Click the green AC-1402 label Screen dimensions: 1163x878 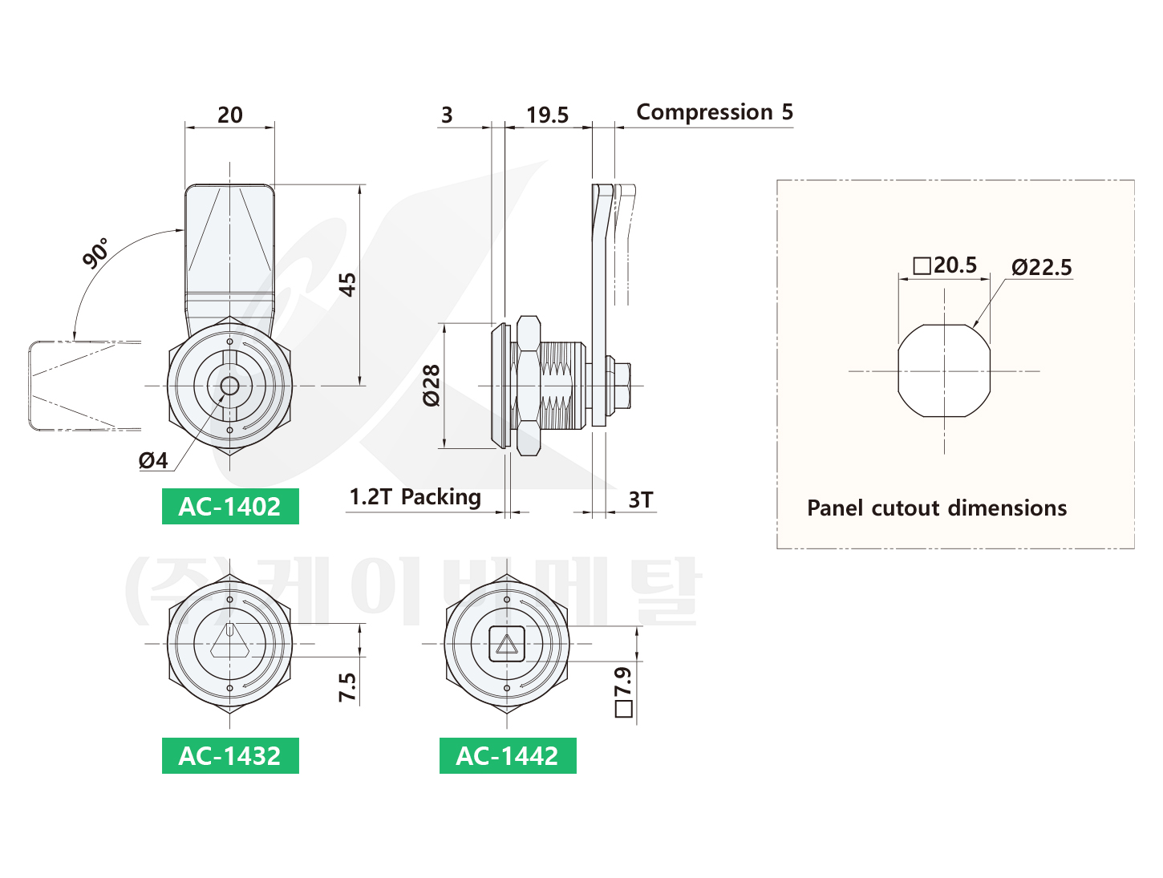[x=230, y=507]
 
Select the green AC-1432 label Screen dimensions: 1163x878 [x=230, y=755]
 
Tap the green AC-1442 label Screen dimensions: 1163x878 [x=508, y=755]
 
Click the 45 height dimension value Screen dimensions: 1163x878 [x=347, y=285]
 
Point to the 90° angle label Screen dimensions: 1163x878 [x=96, y=253]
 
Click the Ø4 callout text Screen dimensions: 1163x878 [x=153, y=461]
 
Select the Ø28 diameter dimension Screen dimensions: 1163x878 [x=432, y=386]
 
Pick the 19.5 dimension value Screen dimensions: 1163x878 [x=547, y=115]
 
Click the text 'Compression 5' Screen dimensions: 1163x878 [x=715, y=112]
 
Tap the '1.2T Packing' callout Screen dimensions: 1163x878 [x=415, y=497]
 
